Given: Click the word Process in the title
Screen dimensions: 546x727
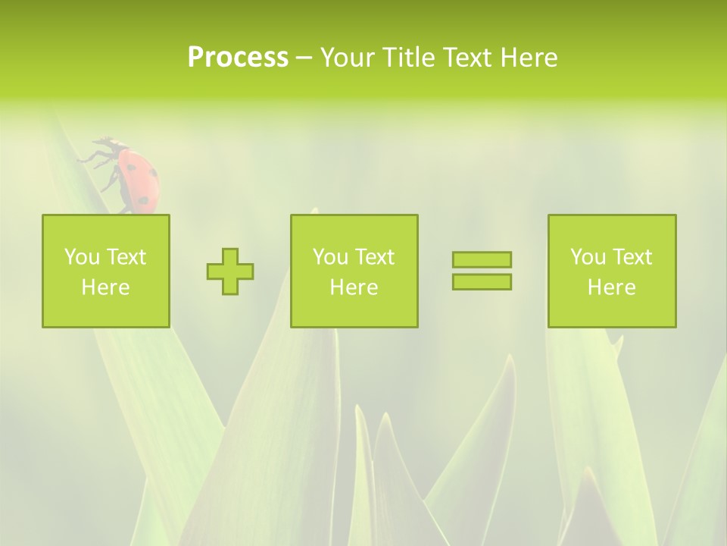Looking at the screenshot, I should click(x=238, y=58).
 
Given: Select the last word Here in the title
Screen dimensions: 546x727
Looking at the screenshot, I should click(x=529, y=58).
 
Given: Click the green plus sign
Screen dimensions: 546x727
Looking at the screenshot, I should click(x=230, y=271).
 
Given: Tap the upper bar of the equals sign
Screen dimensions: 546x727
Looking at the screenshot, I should click(x=482, y=259).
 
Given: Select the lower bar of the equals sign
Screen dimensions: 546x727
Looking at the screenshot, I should click(x=482, y=281).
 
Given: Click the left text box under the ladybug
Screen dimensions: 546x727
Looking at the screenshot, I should click(x=106, y=271).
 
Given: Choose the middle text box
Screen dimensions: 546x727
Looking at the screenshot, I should click(x=354, y=271).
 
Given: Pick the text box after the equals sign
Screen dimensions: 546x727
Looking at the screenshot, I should click(x=612, y=271).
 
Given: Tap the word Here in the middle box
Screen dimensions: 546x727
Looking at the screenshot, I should click(x=354, y=287).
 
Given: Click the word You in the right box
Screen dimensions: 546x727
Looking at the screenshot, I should click(x=588, y=257).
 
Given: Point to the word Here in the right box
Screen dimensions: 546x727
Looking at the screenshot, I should click(x=612, y=287).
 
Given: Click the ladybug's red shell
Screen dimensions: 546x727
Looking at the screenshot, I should click(x=140, y=179).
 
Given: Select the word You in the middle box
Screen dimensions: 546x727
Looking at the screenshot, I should click(x=330, y=257).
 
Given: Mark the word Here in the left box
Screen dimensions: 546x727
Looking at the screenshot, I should click(x=106, y=287).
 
